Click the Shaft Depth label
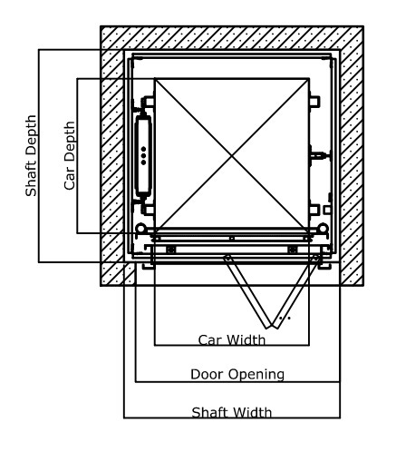[31, 155]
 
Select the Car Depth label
[70, 155]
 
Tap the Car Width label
[232, 340]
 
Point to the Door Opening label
[237, 375]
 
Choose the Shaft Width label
[232, 412]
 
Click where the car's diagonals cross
[232, 155]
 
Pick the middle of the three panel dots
[143, 156]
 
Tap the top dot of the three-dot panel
[143, 149]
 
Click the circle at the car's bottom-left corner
[141, 228]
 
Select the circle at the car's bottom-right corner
[323, 228]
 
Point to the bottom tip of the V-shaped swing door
[271, 327]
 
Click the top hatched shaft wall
[232, 37]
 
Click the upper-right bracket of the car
[314, 102]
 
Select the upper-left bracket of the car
[148, 102]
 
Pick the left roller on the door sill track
[171, 250]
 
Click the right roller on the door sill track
[292, 250]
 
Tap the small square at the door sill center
[232, 239]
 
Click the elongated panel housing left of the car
[143, 156]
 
